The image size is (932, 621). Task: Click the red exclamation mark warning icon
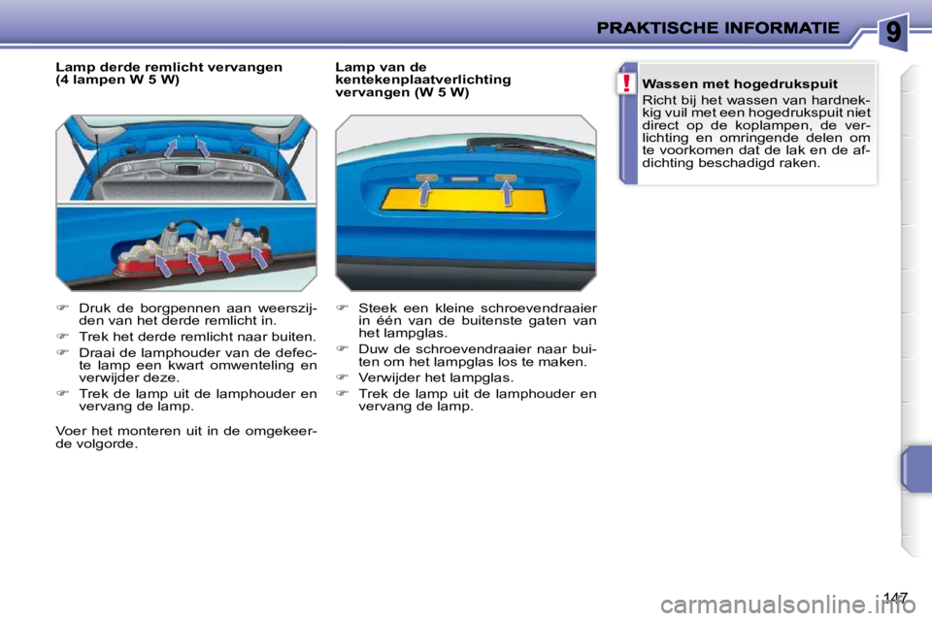click(x=628, y=83)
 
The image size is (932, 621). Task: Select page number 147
click(x=898, y=596)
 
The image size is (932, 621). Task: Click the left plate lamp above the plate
click(x=425, y=179)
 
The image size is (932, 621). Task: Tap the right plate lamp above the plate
click(x=504, y=179)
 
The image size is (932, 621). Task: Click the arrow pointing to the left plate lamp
click(x=425, y=195)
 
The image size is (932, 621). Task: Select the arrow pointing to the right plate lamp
click(x=507, y=195)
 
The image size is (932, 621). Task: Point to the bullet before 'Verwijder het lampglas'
click(x=342, y=377)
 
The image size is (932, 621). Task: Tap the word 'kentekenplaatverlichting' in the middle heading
click(x=422, y=80)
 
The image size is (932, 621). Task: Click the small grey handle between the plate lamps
click(x=464, y=180)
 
